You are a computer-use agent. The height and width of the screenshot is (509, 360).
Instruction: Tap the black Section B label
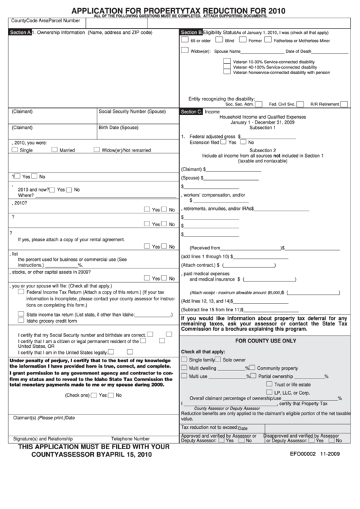point(191,33)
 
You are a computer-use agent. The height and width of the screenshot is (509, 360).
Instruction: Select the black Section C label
point(191,111)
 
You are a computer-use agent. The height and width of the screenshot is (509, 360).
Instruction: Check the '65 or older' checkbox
point(185,40)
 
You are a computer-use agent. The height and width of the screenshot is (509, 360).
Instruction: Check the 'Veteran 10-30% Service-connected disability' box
point(228,61)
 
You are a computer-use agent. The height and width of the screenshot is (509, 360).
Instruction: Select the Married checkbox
point(54,150)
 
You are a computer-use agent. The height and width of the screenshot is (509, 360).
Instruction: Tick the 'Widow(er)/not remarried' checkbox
point(96,150)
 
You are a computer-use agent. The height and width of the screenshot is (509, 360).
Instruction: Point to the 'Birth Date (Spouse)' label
point(118,128)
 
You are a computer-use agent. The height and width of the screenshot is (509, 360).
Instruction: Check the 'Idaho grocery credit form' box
point(21,321)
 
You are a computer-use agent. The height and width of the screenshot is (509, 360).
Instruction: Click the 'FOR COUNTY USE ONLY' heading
point(266,340)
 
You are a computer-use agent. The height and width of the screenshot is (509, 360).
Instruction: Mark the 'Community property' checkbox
point(252,368)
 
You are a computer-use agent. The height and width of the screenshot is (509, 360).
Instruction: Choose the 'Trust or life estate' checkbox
point(270,385)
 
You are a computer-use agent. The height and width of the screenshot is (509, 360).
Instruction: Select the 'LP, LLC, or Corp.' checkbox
point(270,393)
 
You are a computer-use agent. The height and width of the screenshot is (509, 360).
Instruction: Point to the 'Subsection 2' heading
point(262,150)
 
